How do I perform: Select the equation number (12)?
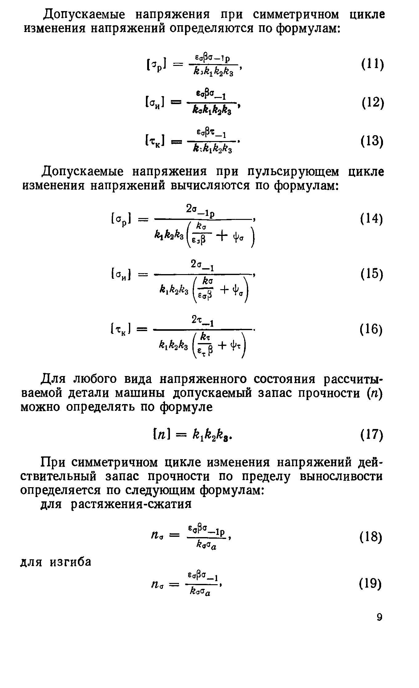click(x=372, y=103)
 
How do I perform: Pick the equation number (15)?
click(x=372, y=274)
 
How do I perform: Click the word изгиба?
click(x=71, y=562)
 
